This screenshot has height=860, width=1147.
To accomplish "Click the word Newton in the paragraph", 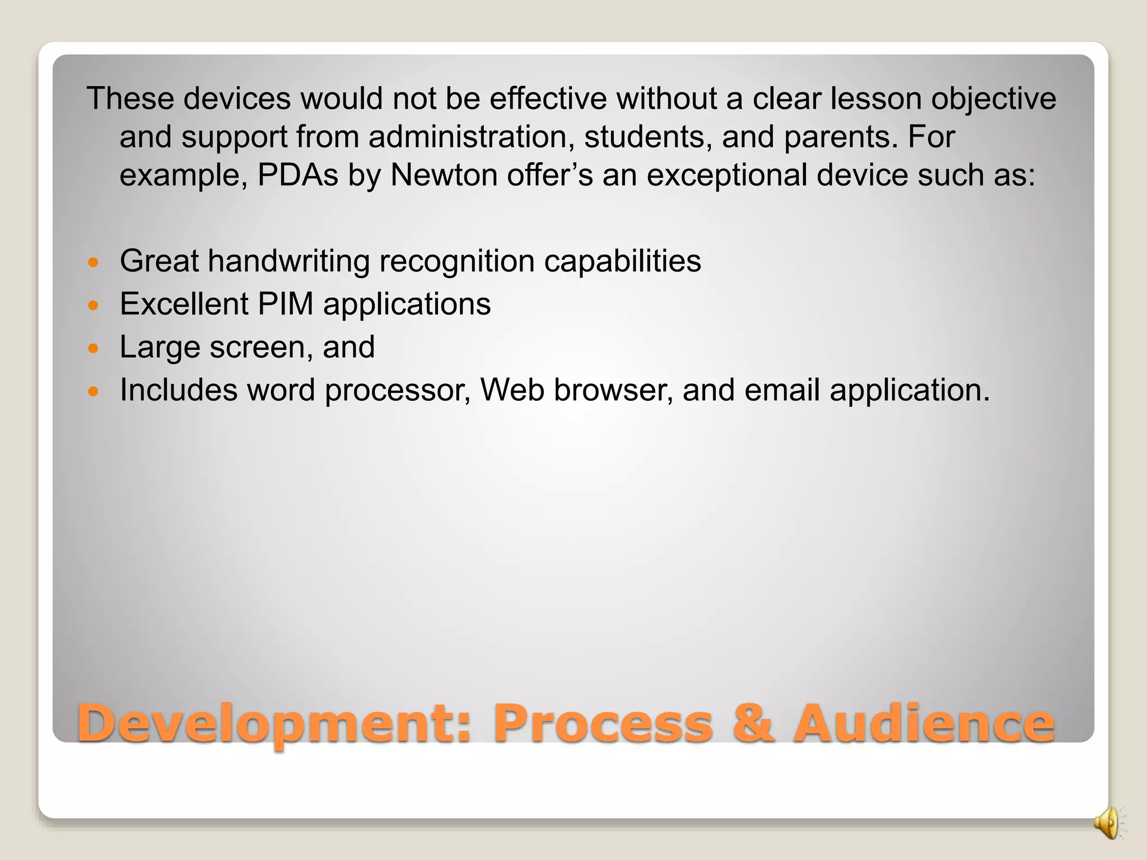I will pos(444,175).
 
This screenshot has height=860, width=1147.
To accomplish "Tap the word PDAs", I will pos(298,175).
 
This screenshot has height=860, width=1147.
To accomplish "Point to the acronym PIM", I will pos(285,304).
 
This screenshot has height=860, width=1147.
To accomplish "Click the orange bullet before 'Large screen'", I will pos(94,348).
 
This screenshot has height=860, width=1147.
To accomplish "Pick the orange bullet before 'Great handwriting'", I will pos(94,262).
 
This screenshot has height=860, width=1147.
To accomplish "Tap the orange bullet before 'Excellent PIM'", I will pos(94,305).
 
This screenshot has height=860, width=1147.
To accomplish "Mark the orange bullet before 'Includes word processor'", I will pos(94,391).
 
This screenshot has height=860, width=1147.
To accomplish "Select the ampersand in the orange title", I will pos(754,723).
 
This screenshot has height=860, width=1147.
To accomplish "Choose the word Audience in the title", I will pos(924,723).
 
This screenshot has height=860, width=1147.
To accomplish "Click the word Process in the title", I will pos(603,723).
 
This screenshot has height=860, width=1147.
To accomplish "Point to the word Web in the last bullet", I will pos(512,390).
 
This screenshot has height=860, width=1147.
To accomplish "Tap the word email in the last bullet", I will pos(782,390).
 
